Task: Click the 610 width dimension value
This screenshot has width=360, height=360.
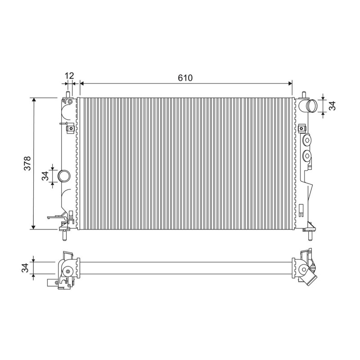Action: click(x=185, y=78)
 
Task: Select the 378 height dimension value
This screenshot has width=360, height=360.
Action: click(x=27, y=163)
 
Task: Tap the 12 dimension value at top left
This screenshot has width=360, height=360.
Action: click(x=69, y=76)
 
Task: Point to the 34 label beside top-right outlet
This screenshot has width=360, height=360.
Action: click(x=332, y=106)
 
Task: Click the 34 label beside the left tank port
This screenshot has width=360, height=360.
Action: click(x=45, y=176)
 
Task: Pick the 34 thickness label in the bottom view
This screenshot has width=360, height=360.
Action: click(x=25, y=268)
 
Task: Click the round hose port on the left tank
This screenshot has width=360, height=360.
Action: click(x=63, y=176)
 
